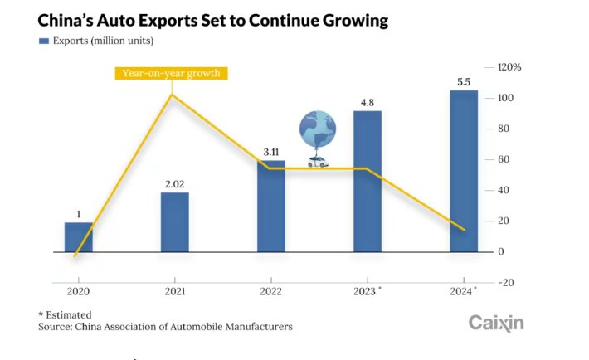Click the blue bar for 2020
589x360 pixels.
[79, 237]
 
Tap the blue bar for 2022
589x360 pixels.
[271, 207]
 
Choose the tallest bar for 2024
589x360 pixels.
[464, 171]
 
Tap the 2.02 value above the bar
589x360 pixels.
[175, 185]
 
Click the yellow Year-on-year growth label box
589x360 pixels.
[171, 73]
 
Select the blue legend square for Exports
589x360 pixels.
[43, 41]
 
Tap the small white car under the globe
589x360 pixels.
[317, 162]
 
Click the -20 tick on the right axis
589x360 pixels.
[505, 282]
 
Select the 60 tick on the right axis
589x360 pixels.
[504, 159]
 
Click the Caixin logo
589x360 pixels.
[496, 323]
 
